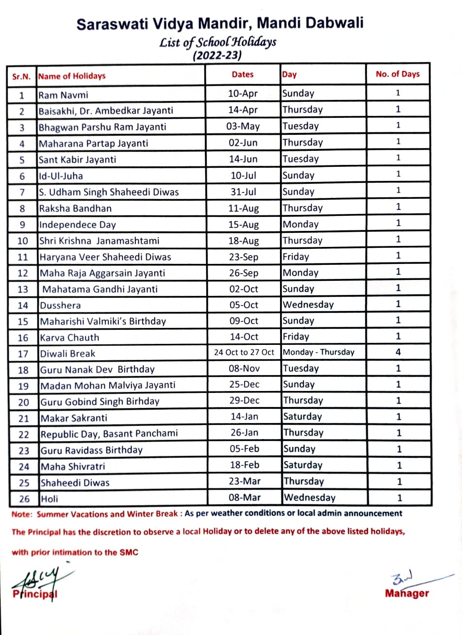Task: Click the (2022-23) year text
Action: pyautogui.click(x=217, y=56)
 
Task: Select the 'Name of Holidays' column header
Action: pyautogui.click(x=72, y=76)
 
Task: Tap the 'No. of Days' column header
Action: pyautogui.click(x=397, y=74)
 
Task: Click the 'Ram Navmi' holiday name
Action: pyautogui.click(x=64, y=95)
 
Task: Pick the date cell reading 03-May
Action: pyautogui.click(x=243, y=127)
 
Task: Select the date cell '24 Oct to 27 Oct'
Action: pyautogui.click(x=244, y=353)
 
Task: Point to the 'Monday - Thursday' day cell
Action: pyautogui.click(x=318, y=353)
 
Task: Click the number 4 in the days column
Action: pyautogui.click(x=398, y=353)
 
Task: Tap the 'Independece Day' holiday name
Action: pyautogui.click(x=77, y=225)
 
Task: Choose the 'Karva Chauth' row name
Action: pyautogui.click(x=69, y=338)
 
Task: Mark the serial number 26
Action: pyautogui.click(x=24, y=499)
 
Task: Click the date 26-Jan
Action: pyautogui.click(x=245, y=433)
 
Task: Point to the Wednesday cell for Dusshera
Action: pyautogui.click(x=308, y=305)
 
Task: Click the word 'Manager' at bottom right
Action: pyautogui.click(x=407, y=593)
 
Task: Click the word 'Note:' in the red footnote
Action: pyautogui.click(x=21, y=513)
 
